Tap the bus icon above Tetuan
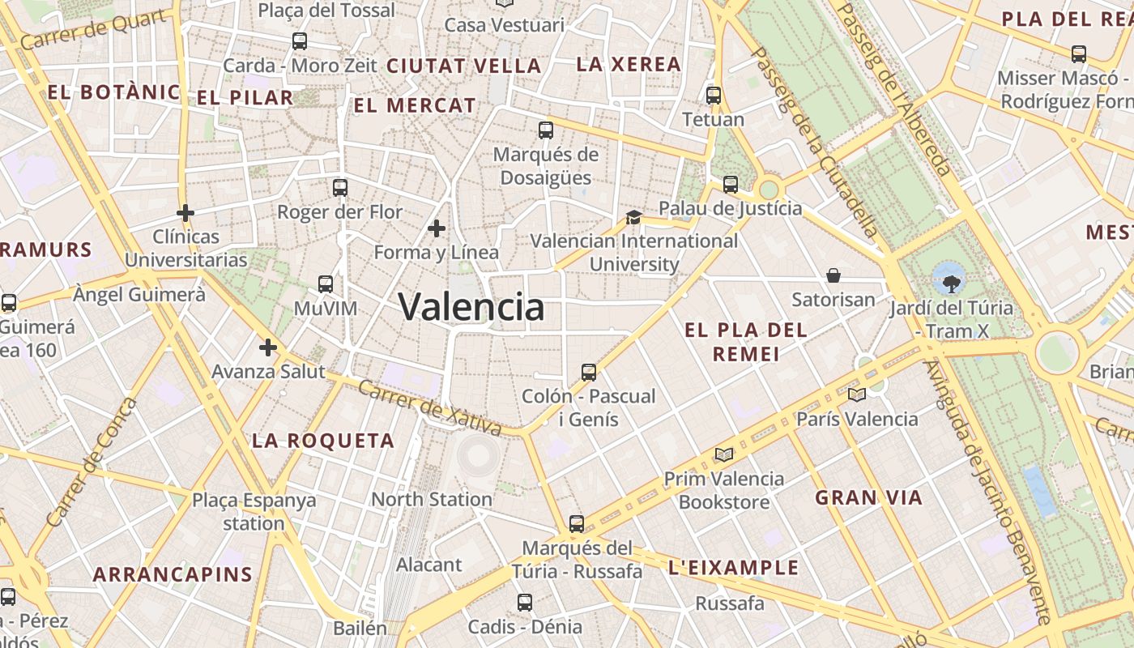coord(714,96)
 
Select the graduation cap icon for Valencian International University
coord(633,217)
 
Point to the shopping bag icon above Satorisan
coord(833,275)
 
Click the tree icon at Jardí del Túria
coord(950,280)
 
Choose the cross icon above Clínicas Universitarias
coord(185,213)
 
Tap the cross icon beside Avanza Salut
coord(268,347)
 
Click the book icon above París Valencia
coord(856,394)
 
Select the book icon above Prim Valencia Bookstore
coord(723,454)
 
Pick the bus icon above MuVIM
coord(326,283)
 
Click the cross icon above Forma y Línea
coord(437,228)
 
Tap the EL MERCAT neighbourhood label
coord(415,105)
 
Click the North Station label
coord(432,499)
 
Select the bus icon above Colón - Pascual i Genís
coord(589,373)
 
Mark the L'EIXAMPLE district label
coord(734,568)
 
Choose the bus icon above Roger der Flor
coord(340,188)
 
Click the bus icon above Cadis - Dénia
coord(525,602)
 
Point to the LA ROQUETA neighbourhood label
coord(323,441)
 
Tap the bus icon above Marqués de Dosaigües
coord(546,130)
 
